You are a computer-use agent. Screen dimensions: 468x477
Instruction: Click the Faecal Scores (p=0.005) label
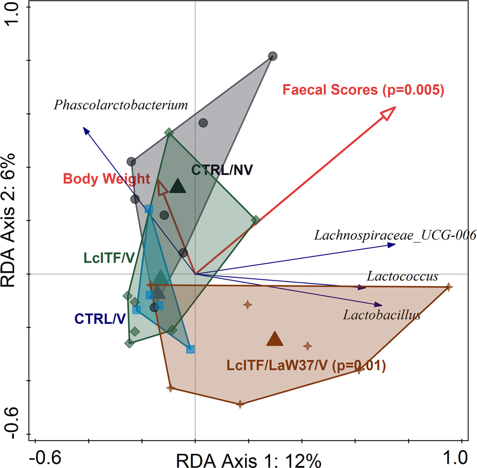coord(362,90)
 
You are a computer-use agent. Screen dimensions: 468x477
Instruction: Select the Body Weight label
coord(106,179)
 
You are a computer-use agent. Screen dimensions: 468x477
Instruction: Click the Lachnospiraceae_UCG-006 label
coord(395,235)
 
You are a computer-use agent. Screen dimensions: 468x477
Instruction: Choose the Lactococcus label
coord(402,276)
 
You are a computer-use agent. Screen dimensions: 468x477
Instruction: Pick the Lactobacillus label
coord(382,315)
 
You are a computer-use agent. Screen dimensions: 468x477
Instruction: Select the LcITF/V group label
coord(108,258)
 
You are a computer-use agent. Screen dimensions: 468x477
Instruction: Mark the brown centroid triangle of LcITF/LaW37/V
coord(275,339)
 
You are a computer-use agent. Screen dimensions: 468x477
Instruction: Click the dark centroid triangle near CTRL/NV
coord(178,186)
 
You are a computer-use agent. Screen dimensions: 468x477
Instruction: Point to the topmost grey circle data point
coord(272,56)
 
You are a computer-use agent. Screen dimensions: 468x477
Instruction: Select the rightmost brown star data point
coord(448,287)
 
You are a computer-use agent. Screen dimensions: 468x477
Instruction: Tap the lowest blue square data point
coord(190,349)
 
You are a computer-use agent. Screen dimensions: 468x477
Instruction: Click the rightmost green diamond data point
coord(256,220)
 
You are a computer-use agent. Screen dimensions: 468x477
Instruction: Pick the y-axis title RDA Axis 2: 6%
coord(11,221)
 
